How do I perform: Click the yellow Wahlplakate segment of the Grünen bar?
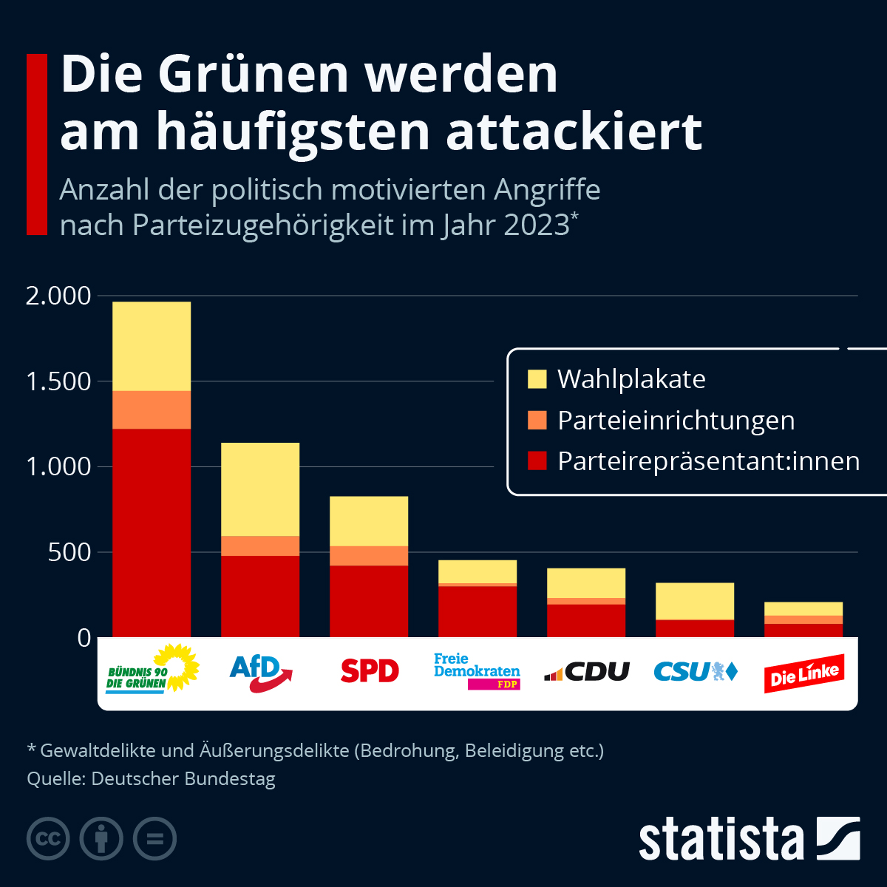point(152,346)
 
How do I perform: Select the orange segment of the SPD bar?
point(369,556)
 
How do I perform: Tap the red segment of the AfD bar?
point(260,596)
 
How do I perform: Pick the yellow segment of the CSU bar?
point(695,601)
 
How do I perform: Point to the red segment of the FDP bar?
point(478,611)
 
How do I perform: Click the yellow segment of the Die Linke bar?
point(803,608)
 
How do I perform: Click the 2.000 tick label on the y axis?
point(58,296)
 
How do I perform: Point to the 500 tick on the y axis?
point(69,552)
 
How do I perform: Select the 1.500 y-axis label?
point(58,381)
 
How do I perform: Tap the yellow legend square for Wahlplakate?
point(537,379)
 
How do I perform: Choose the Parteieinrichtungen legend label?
point(676,421)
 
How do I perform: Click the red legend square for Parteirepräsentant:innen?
point(537,461)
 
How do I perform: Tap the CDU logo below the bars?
point(587,672)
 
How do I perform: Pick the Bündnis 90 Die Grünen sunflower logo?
point(152,670)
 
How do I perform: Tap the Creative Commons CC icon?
point(48,839)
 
